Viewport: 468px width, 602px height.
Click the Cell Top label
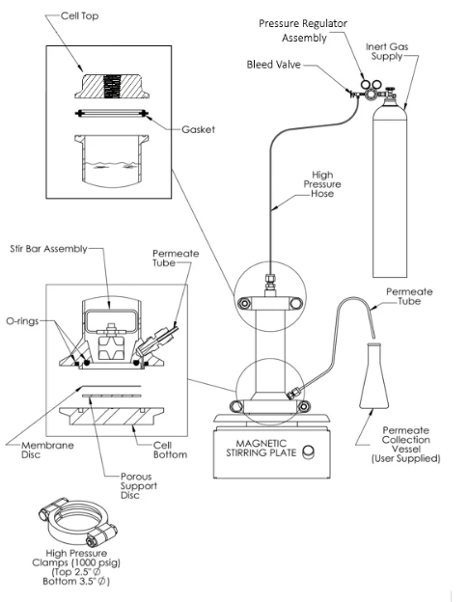point(79,16)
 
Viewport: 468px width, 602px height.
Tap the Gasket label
point(198,129)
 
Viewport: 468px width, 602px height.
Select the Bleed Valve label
point(274,64)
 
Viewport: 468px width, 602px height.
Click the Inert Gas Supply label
point(387,51)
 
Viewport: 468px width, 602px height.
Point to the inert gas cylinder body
point(390,188)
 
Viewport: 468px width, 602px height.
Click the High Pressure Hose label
point(322,184)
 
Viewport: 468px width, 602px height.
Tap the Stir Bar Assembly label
point(49,249)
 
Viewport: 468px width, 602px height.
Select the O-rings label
point(22,320)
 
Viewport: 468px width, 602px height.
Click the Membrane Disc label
point(47,450)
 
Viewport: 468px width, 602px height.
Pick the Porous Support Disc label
point(139,485)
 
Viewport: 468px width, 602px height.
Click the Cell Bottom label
point(170,450)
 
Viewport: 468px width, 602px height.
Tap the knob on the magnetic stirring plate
point(308,451)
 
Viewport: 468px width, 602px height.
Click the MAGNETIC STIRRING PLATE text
point(262,449)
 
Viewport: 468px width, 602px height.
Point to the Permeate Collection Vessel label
point(405,444)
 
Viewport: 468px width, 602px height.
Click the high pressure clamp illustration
point(78,523)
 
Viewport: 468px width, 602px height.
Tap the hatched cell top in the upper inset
point(112,87)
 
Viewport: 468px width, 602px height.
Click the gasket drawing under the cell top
point(112,113)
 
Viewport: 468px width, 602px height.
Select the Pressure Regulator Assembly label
point(303,31)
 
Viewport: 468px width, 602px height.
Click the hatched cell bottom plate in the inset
point(112,416)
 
